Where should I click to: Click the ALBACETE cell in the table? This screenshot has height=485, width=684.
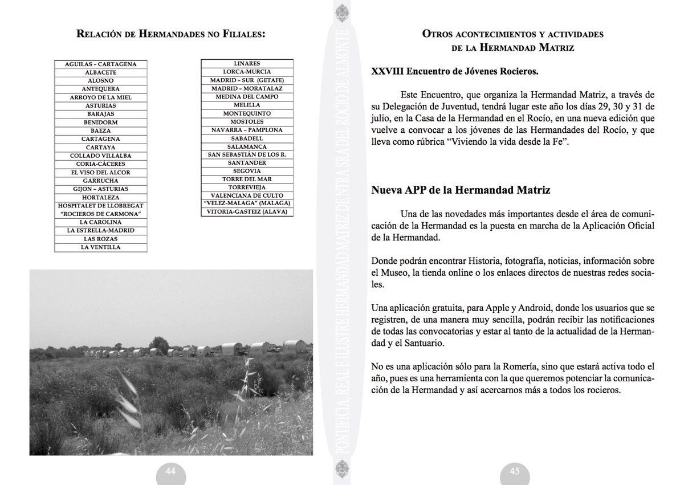[101, 72]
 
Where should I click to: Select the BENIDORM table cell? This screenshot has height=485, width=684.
[101, 122]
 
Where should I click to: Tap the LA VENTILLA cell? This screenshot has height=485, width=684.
[101, 247]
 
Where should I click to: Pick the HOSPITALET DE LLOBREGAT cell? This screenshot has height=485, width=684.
[101, 206]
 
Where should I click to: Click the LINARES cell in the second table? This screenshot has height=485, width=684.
[247, 63]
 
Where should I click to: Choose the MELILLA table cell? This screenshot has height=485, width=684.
[247, 105]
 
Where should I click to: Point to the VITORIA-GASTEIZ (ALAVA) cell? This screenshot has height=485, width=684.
[247, 211]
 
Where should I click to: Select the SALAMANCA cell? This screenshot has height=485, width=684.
[247, 146]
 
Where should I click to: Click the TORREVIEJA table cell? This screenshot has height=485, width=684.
[247, 187]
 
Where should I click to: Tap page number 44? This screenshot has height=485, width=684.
[170, 471]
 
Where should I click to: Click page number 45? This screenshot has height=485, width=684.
[515, 471]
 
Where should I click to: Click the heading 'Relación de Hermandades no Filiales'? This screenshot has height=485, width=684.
[171, 34]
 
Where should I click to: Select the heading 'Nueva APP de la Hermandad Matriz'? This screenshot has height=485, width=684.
[461, 190]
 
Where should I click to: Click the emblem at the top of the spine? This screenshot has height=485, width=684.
[341, 12]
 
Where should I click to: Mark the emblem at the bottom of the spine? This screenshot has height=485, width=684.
[341, 472]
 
